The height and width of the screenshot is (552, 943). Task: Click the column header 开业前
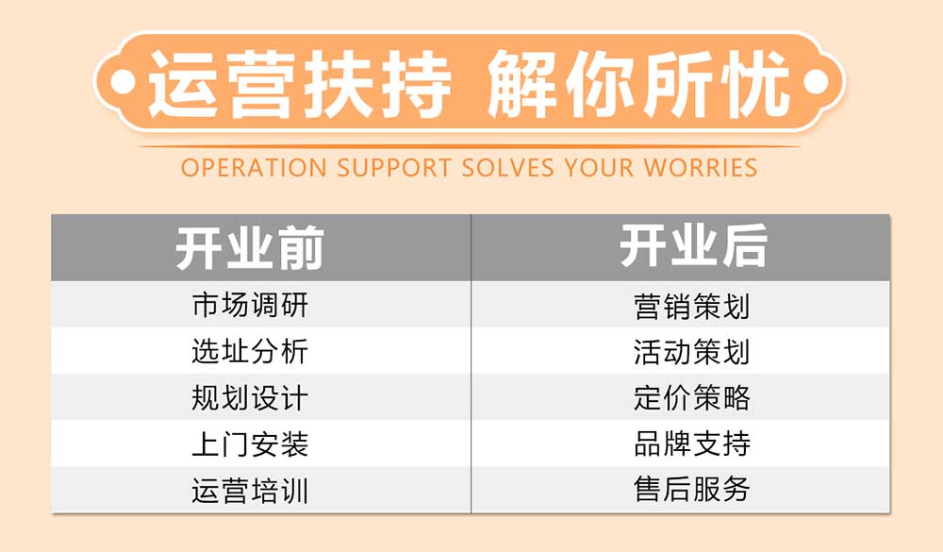250,248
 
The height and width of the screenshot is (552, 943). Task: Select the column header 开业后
693,248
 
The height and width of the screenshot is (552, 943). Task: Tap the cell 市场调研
250,306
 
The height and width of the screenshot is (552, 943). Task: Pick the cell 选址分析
250,352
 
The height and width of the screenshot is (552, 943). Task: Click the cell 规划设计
250,398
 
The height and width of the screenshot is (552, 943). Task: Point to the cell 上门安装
250,444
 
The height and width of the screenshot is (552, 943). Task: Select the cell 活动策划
692,352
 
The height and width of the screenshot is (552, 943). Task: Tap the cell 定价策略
692,398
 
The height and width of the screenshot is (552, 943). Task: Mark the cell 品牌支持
692,444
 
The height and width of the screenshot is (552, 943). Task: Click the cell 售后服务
692,490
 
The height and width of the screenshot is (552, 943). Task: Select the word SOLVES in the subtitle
510,169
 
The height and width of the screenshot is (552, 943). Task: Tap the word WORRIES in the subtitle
701,169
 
